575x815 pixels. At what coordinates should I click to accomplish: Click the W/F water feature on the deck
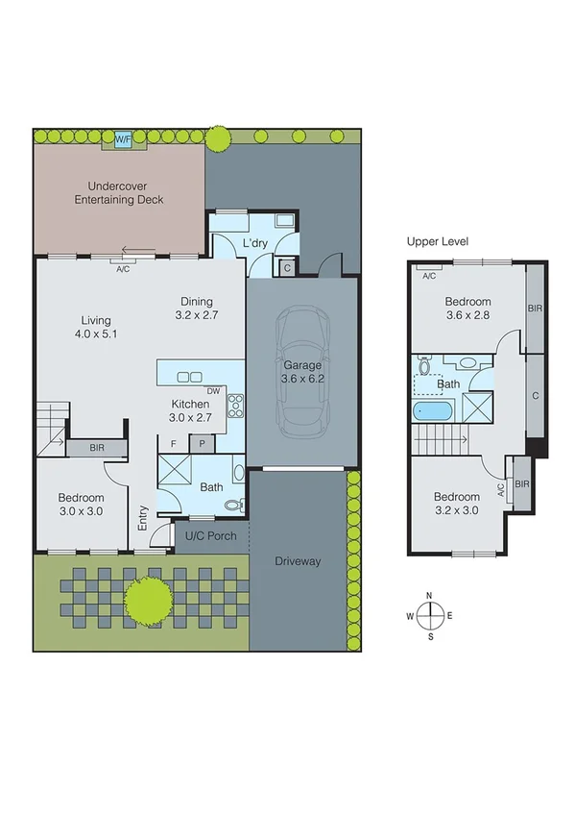[123, 139]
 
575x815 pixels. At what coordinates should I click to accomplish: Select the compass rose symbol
[430, 615]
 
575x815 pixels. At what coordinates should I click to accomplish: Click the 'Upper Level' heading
[438, 240]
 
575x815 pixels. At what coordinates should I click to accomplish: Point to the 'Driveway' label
[297, 561]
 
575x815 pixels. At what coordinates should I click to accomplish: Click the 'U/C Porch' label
[210, 535]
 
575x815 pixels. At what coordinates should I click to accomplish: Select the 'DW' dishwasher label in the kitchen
[213, 390]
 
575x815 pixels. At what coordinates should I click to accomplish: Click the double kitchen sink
[189, 377]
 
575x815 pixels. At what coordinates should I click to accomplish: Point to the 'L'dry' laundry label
[254, 243]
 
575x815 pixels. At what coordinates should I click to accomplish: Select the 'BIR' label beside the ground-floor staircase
[97, 448]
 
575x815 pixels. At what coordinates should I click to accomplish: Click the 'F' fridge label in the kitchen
[173, 443]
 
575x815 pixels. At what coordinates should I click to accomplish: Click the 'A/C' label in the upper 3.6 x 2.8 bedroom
[428, 277]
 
